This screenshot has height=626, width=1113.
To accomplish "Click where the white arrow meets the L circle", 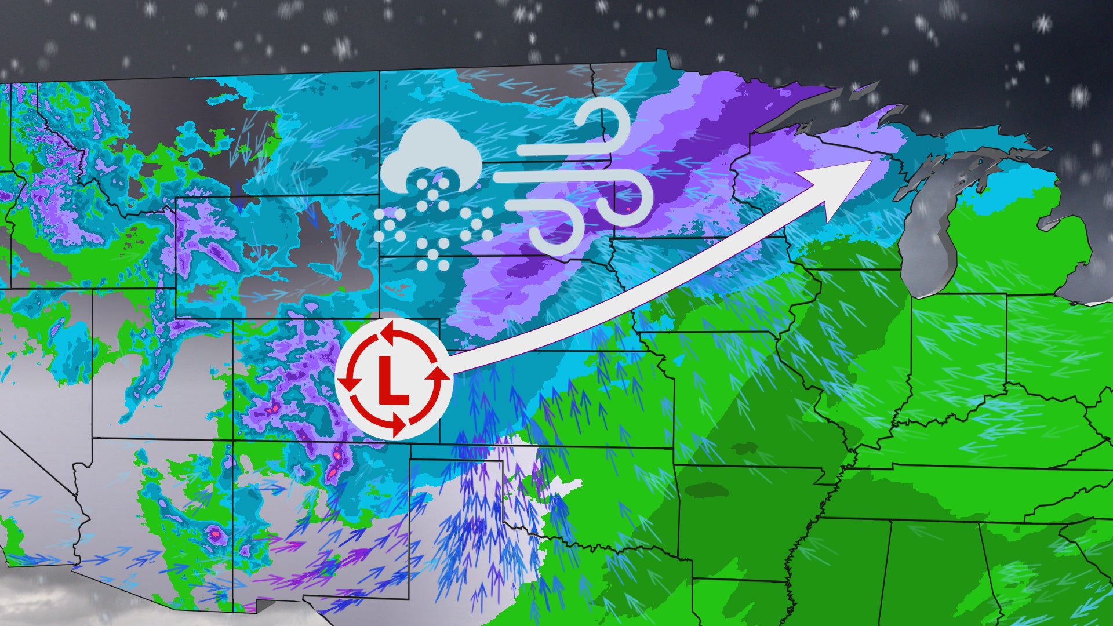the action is [449, 371].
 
